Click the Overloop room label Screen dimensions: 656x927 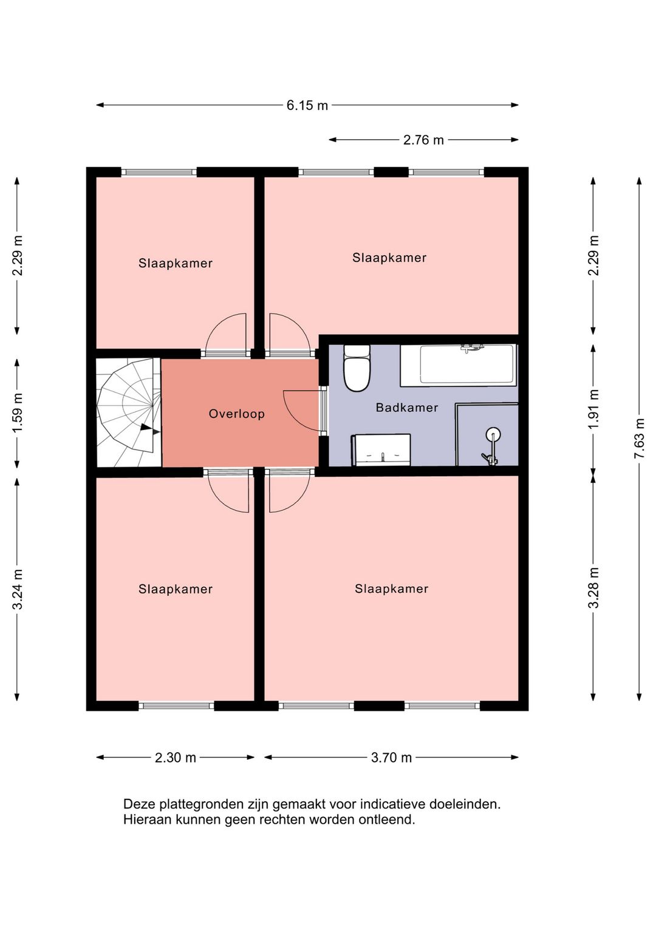236,414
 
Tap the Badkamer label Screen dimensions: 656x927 407,408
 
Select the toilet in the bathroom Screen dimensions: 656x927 357,368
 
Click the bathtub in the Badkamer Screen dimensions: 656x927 459,366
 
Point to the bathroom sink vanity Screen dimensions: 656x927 381,450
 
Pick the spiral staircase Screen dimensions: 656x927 128,412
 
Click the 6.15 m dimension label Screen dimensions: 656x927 307,106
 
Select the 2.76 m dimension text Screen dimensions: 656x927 423,140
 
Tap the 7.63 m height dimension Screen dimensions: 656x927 640,438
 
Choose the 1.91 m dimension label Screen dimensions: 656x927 593,409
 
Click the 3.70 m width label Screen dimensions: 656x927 391,758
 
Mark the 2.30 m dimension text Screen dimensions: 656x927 175,758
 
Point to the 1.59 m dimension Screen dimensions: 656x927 17,412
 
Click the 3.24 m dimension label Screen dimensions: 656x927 17,590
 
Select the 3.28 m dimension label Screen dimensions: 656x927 593,588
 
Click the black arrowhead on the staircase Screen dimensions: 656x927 146,427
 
